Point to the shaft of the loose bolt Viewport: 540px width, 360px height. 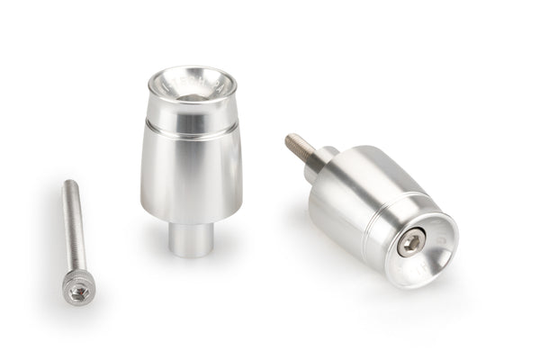click(x=73, y=229)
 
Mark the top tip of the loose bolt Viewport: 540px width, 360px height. click(x=68, y=184)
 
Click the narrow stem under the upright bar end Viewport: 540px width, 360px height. click(x=192, y=239)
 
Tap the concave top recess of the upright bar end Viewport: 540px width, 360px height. click(x=190, y=86)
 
